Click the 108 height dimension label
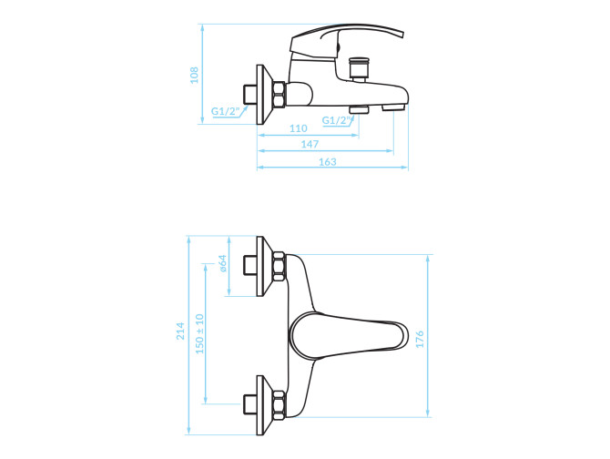point(194,75)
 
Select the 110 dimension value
point(299,128)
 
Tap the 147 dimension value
point(310,144)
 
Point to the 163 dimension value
point(328,161)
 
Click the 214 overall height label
point(180,331)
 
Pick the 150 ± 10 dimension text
point(200,333)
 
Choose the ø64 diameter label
point(222,263)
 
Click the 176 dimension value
point(420,339)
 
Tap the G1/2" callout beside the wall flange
point(225,111)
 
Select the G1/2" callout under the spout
point(335,120)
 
